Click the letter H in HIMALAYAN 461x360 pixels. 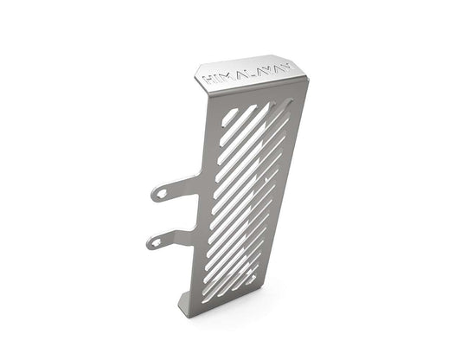(208, 79)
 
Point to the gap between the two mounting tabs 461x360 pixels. (173, 216)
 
